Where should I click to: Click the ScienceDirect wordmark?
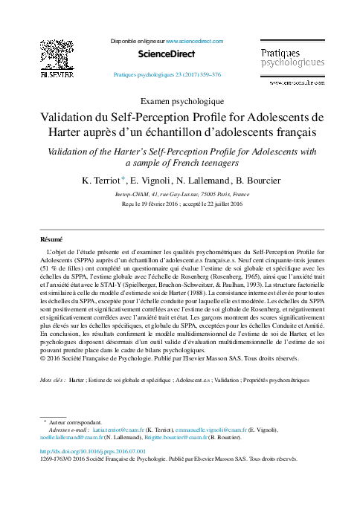167,54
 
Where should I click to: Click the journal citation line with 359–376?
167,75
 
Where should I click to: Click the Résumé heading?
51,240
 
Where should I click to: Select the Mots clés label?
52,380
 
